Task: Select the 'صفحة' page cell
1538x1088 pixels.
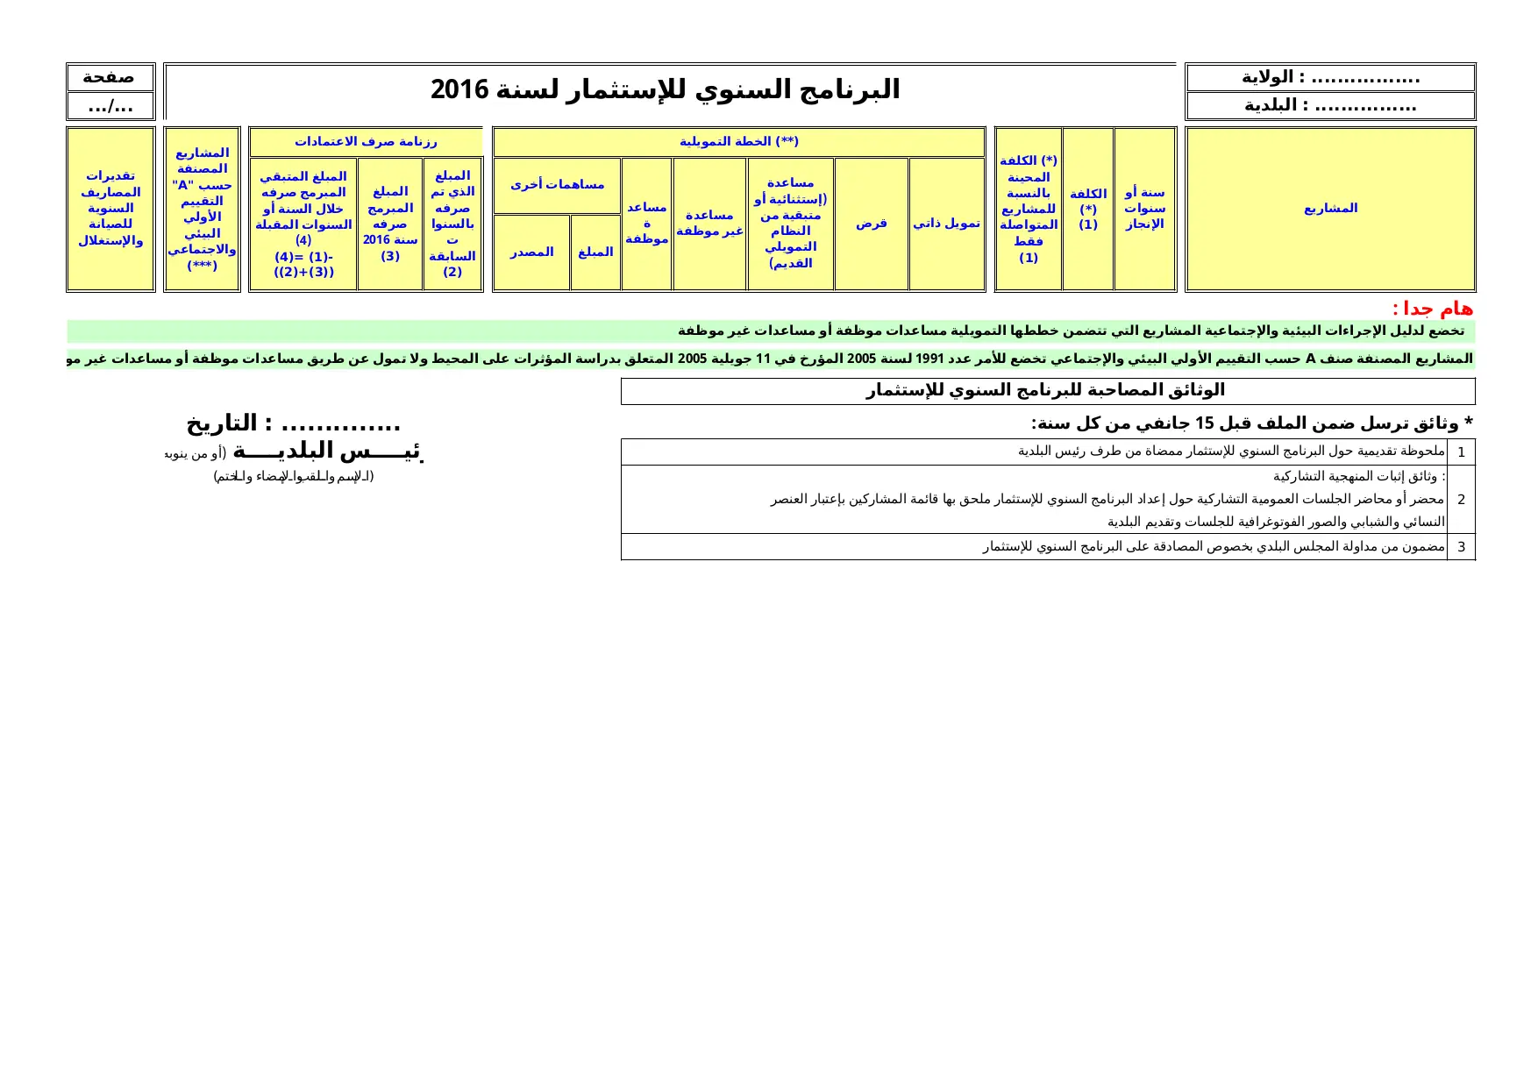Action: (110, 77)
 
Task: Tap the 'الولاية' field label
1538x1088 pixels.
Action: (1330, 77)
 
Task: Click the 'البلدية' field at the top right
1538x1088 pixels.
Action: (1330, 106)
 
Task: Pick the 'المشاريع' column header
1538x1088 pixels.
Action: (1330, 209)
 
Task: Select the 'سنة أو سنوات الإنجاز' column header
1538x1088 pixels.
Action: (1144, 209)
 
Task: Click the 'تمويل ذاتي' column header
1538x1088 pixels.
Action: (946, 224)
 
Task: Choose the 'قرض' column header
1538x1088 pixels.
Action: (871, 224)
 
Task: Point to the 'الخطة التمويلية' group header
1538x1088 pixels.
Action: (738, 141)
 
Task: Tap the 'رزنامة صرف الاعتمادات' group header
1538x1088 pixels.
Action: (366, 141)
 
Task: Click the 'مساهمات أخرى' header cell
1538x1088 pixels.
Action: (557, 185)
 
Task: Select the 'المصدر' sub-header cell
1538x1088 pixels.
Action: (531, 252)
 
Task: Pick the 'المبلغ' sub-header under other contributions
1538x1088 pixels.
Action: (595, 252)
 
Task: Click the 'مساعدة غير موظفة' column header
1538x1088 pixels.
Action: (709, 224)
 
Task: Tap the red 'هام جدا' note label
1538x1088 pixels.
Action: (1432, 309)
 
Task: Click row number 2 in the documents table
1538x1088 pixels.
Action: (1461, 500)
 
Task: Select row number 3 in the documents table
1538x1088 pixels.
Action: (1461, 547)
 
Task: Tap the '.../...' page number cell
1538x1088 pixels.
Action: (110, 106)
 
